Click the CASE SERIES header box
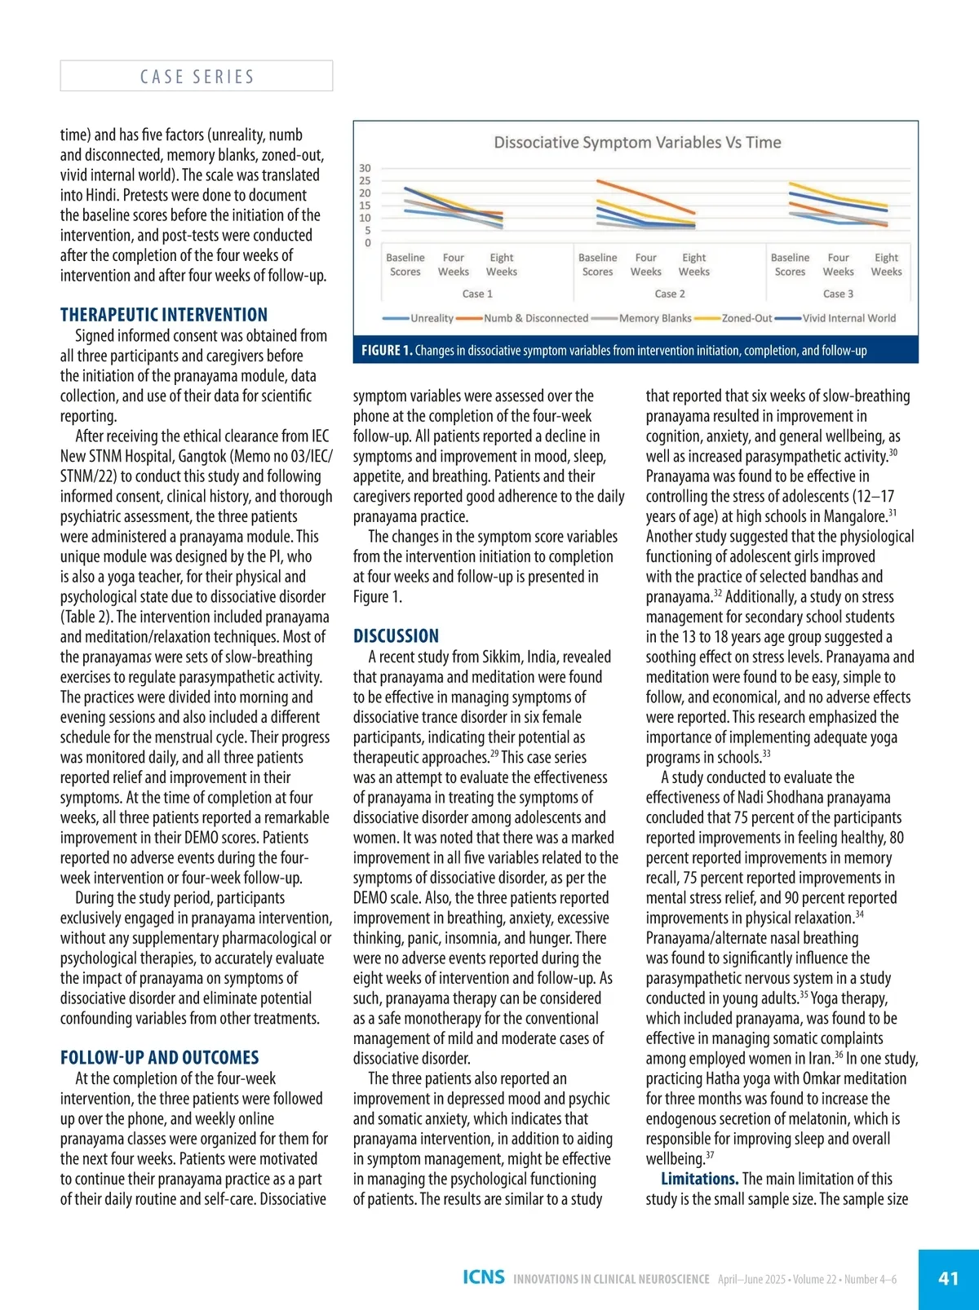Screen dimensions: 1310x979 [197, 76]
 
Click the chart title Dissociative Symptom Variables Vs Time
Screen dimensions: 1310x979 [637, 143]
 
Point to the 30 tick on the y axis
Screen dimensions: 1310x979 [365, 168]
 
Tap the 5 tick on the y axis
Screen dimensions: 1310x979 [367, 230]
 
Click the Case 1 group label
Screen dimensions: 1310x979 [477, 294]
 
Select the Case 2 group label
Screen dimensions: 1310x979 [670, 294]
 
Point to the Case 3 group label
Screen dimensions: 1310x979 [838, 294]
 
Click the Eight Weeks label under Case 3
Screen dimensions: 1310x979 [886, 264]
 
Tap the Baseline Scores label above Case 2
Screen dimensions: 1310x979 [597, 264]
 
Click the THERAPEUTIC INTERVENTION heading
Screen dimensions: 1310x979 [164, 315]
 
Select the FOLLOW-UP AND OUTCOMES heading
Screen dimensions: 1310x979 [160, 1058]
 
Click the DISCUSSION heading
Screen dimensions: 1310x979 [396, 636]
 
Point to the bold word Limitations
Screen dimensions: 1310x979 [699, 1179]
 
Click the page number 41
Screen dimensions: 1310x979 [948, 1278]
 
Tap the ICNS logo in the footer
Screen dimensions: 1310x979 [483, 1277]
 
